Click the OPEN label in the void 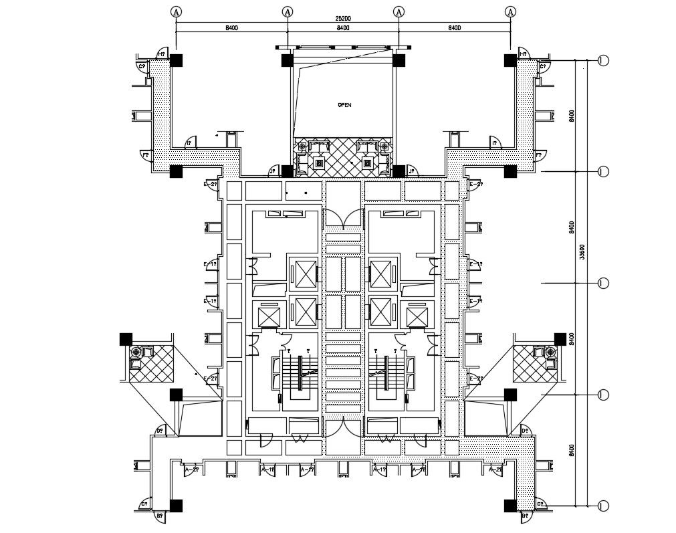click(x=344, y=105)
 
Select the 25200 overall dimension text click(x=343, y=19)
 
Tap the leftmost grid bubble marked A click(x=176, y=11)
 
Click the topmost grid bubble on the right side click(x=603, y=61)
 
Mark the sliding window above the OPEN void click(x=334, y=47)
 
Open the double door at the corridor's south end click(x=342, y=427)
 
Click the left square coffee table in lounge click(x=319, y=162)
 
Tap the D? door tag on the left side click(x=160, y=431)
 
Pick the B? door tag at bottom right click(x=525, y=516)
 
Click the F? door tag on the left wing click(x=144, y=155)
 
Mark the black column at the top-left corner click(x=176, y=60)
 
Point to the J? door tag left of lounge click(x=273, y=172)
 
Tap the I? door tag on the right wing click(x=495, y=143)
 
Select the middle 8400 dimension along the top click(x=343, y=28)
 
